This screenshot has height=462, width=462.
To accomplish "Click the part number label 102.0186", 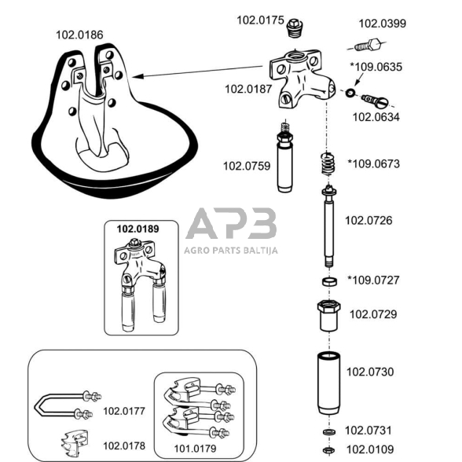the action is [79, 35].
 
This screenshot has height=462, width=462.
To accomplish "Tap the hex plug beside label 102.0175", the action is [295, 28].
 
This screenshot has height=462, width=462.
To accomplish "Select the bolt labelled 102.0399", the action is [368, 45].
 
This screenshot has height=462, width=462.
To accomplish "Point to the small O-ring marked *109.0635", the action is [350, 93].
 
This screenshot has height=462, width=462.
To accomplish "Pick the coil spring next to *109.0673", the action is [328, 163].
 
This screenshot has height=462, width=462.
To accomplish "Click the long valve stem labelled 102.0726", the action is [329, 226].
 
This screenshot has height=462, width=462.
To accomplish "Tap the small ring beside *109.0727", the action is [330, 281].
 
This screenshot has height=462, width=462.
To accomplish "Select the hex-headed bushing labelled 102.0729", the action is [328, 316].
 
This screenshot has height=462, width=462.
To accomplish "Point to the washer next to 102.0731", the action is [329, 432].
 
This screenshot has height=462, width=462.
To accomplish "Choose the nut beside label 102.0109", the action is [328, 450].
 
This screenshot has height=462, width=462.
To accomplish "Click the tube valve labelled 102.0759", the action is [284, 157].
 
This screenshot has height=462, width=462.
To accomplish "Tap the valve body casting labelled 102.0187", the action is [302, 78].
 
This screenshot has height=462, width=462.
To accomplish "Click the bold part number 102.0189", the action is [138, 229].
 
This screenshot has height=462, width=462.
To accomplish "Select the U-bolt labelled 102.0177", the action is [67, 405].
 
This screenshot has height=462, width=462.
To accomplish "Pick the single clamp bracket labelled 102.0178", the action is [74, 443].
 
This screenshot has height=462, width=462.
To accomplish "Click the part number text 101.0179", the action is [195, 449].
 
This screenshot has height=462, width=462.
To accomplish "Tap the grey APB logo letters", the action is [231, 223].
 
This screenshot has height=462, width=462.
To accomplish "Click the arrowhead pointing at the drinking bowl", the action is [137, 77].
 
